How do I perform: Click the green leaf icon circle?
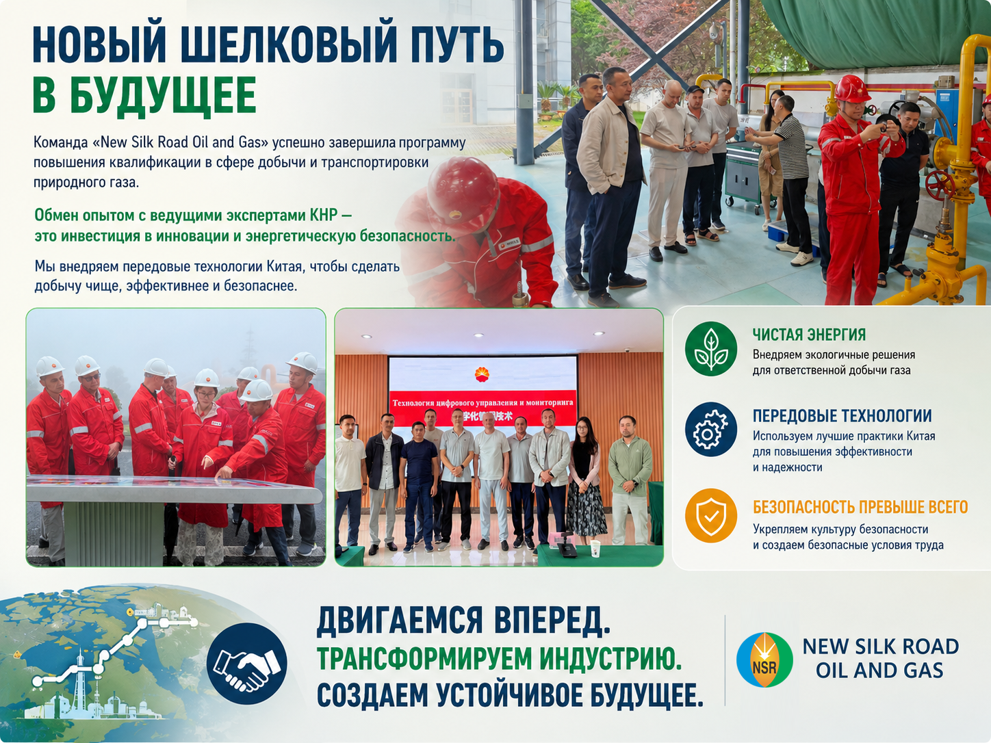tap(710, 349)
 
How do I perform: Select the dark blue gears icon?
tap(710, 430)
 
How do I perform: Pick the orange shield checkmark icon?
tap(710, 516)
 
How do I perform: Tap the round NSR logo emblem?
tap(764, 660)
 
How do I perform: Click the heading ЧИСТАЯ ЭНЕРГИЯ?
tap(809, 335)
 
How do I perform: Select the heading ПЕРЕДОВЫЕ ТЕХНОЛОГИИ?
tap(842, 415)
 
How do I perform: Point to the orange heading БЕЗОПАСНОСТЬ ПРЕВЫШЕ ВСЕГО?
tap(860, 507)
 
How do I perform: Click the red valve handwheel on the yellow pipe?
tap(940, 185)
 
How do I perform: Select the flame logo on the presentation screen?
tap(482, 374)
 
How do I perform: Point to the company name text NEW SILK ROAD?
tap(880, 647)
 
